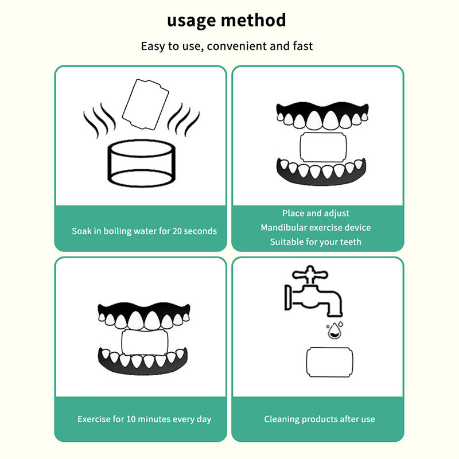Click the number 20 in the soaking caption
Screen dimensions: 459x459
click(x=178, y=231)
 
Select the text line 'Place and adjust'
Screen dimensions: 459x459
click(x=316, y=213)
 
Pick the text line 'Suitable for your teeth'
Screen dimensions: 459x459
click(x=316, y=242)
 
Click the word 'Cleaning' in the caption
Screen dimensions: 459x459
click(x=282, y=419)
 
